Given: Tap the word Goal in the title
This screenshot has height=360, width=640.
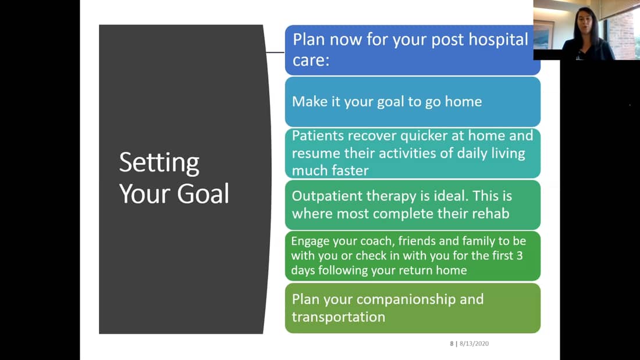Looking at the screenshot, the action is [203, 194].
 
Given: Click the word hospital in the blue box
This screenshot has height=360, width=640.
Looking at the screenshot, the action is [498, 40].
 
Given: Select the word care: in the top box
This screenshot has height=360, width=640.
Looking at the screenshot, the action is [311, 60].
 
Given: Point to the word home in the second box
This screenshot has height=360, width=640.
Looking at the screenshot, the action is [463, 101].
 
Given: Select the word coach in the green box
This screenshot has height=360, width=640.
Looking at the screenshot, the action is [378, 241].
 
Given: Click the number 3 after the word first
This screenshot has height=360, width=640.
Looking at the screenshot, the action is [519, 255].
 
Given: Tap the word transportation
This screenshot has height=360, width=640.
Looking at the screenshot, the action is [339, 317].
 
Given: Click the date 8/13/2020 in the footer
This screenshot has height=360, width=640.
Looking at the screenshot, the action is [474, 344].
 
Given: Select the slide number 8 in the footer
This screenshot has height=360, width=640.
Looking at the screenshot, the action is [452, 344].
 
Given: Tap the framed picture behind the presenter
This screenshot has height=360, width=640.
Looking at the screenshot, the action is [543, 35].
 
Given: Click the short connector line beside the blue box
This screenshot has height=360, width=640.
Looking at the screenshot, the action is [275, 52].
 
